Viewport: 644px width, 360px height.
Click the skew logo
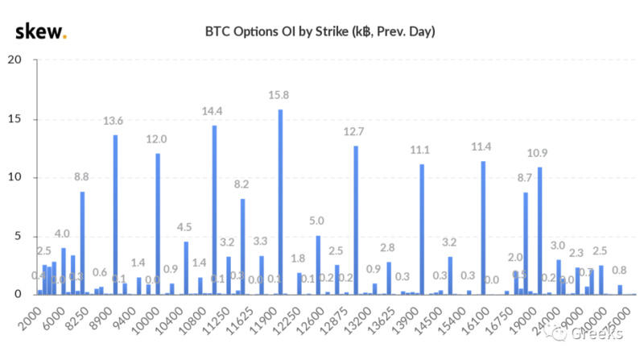coord(40,32)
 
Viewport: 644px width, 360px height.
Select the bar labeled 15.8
coord(280,201)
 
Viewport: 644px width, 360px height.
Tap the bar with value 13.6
coord(115,214)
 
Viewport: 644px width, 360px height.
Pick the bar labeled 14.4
coord(214,209)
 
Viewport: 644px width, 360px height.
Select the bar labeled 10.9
coord(539,230)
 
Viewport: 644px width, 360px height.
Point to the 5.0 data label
coord(317,221)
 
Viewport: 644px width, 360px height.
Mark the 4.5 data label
coord(185,226)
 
